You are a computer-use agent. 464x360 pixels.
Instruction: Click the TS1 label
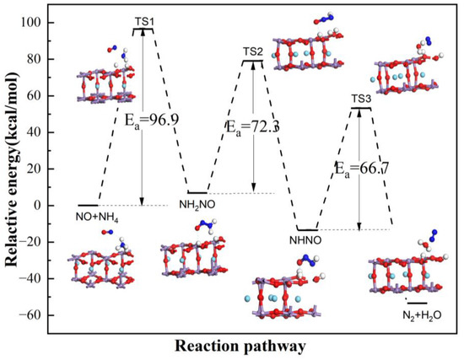point(143,20)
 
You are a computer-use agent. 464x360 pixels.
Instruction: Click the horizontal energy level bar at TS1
point(143,30)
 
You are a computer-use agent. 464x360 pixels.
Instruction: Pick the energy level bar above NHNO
point(307,229)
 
